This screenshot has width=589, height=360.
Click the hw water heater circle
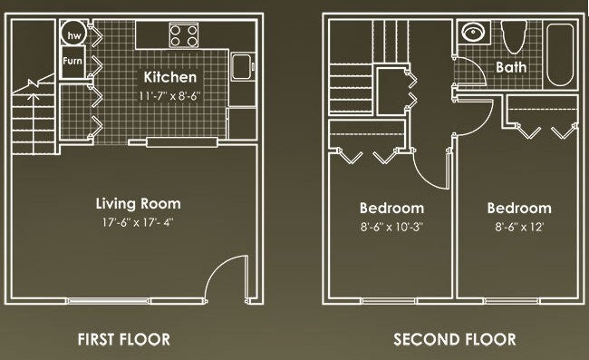pyautogui.click(x=74, y=34)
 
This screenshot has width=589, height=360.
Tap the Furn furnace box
pyautogui.click(x=72, y=62)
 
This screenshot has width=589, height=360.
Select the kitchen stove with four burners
pyautogui.click(x=184, y=35)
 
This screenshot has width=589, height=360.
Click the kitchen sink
pyautogui.click(x=243, y=67)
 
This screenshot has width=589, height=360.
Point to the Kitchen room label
pyautogui.click(x=170, y=77)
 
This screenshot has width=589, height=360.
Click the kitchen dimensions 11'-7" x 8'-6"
pyautogui.click(x=169, y=96)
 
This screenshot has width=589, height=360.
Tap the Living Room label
pyautogui.click(x=139, y=204)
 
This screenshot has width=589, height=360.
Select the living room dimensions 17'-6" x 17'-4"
pyautogui.click(x=139, y=222)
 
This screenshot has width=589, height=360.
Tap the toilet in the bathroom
pyautogui.click(x=515, y=37)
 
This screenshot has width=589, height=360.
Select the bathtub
pyautogui.click(x=560, y=55)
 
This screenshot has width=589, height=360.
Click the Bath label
pyautogui.click(x=511, y=68)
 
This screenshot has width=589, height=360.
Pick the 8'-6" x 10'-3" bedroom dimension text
pyautogui.click(x=391, y=227)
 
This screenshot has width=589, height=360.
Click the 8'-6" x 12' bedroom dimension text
pyautogui.click(x=519, y=227)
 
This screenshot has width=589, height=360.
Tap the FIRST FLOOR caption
pyautogui.click(x=124, y=340)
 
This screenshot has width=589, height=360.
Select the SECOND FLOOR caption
pyautogui.click(x=455, y=340)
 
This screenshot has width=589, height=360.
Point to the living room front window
pyautogui.click(x=109, y=300)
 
